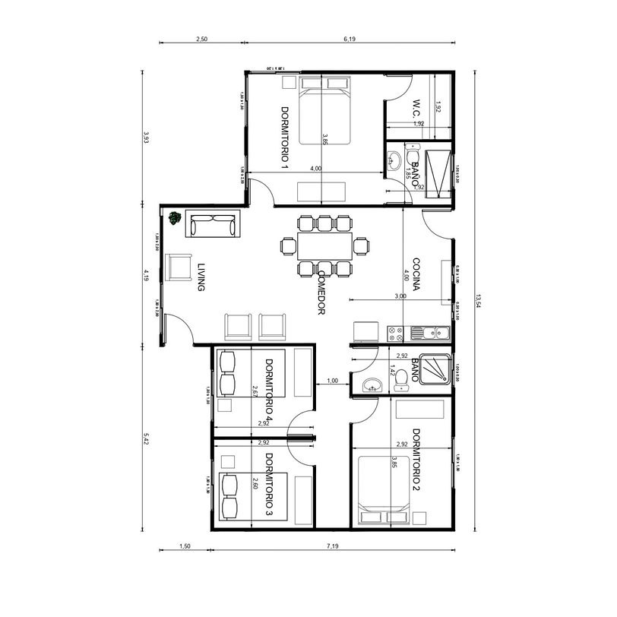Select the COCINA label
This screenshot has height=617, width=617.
(x=417, y=273)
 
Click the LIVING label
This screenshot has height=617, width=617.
(x=201, y=277)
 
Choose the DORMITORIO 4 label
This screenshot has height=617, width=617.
(x=269, y=389)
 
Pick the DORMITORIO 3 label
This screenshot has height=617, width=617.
(x=269, y=485)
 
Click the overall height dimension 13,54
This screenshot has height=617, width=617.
(x=478, y=301)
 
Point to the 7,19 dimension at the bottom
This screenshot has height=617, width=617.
(x=333, y=546)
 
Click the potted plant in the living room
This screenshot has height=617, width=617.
(x=176, y=219)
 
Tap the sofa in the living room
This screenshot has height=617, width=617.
(x=214, y=225)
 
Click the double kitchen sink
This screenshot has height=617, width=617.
(x=430, y=332)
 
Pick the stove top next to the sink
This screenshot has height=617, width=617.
(x=395, y=332)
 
